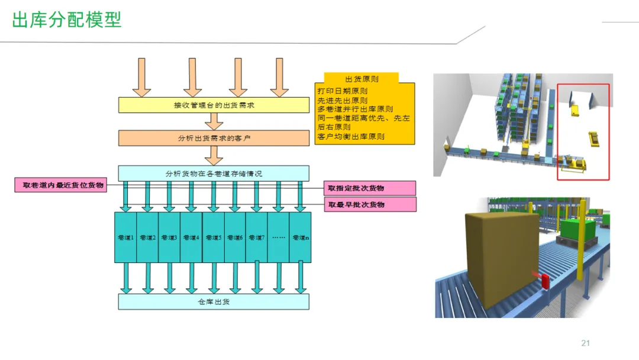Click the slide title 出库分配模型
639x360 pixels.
coord(67,20)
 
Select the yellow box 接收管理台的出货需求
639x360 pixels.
coord(214,105)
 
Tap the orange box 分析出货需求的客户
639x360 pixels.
coord(214,138)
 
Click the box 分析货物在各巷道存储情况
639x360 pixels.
coord(214,173)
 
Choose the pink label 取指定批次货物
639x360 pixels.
coord(370,188)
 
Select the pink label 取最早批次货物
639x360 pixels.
coord(370,204)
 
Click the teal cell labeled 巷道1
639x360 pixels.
coord(125,237)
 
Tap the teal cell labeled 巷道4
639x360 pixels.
coord(191,237)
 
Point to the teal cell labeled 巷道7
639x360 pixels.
coord(256,237)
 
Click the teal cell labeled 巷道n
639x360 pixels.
coord(300,237)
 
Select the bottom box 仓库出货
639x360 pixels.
coord(214,302)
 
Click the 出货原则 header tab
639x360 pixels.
coord(362,79)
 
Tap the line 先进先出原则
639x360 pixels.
coord(342,101)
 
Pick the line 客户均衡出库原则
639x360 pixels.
coord(351,136)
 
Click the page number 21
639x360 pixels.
coord(586,343)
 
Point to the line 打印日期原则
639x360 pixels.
coord(342,92)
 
